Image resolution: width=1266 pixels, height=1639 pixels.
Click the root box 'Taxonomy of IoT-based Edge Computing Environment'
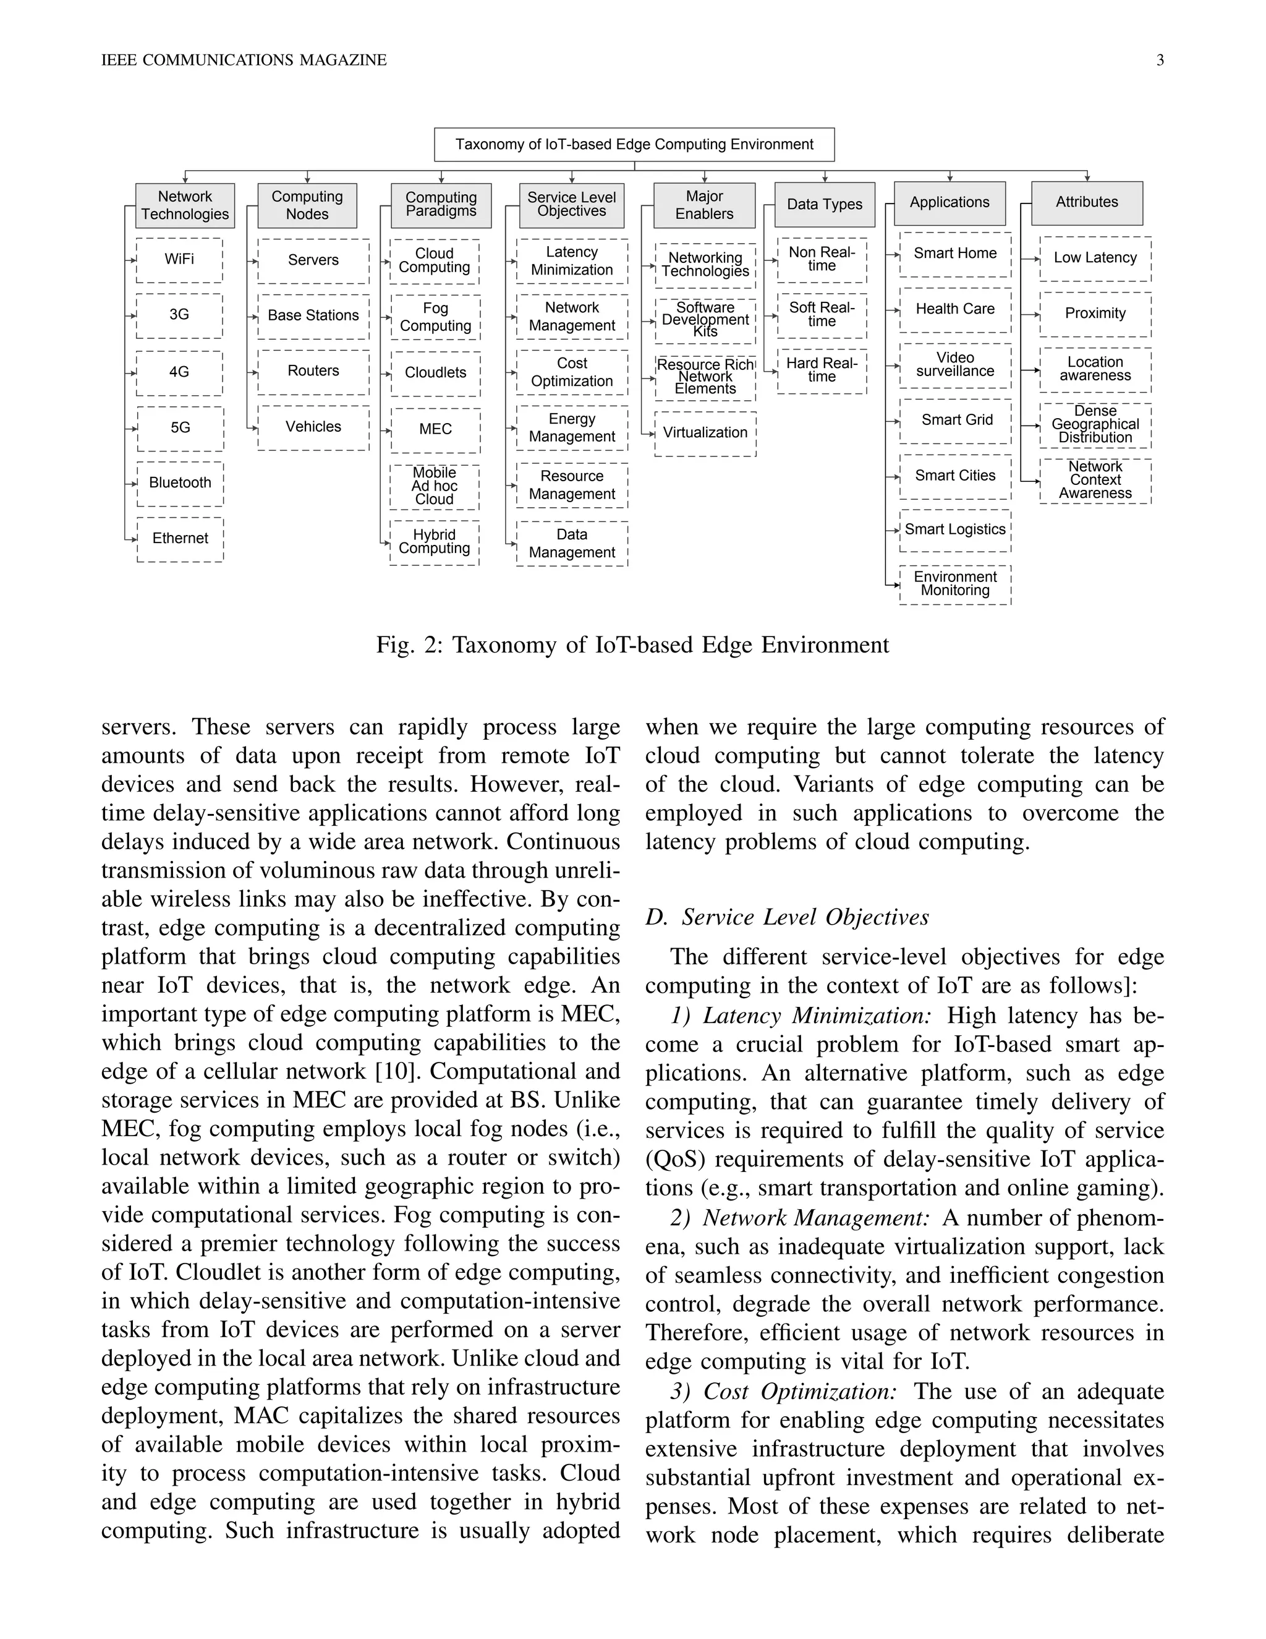[634, 144]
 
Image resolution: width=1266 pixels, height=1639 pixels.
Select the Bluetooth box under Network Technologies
[180, 483]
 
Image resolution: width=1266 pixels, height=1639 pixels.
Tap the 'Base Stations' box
[313, 316]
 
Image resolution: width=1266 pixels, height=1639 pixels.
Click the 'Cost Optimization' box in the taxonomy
[572, 372]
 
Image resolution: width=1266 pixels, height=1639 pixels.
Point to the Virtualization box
[705, 433]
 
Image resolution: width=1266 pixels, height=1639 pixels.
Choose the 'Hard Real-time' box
[822, 370]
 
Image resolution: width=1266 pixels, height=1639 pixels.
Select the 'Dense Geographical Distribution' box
[1095, 425]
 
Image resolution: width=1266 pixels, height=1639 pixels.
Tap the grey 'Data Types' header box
[824, 204]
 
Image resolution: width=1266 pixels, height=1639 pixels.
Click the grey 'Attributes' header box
[1087, 203]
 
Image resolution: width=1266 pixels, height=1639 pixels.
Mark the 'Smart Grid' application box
[956, 420]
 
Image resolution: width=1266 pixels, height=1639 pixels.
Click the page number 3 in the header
[1160, 60]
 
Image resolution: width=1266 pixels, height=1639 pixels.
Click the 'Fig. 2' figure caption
[632, 645]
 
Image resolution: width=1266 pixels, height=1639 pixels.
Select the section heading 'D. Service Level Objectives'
[788, 917]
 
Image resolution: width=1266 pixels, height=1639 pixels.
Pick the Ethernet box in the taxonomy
[180, 539]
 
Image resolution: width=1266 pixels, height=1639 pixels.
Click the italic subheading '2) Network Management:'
[799, 1218]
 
